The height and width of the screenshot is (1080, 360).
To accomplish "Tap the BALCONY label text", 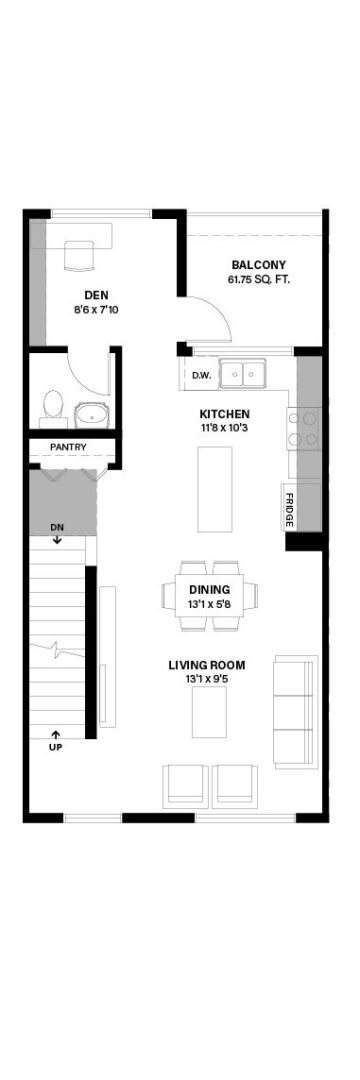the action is point(258,265).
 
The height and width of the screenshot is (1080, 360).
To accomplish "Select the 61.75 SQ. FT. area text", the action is point(258,280).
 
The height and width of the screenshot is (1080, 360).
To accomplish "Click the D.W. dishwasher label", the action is point(200,375).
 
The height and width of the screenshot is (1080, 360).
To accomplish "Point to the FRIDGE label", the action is point(290,510).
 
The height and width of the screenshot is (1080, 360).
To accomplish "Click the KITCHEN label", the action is point(224,414).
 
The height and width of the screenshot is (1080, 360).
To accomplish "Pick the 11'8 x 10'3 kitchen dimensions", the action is point(224,428).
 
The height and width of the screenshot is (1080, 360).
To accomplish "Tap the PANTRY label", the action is point(69,447).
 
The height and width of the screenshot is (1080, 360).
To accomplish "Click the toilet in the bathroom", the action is point(52,408).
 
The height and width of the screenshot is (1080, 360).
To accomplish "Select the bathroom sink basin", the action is point(92,415).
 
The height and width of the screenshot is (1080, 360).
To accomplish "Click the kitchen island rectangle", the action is point(215,489).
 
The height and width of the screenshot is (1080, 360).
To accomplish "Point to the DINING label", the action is point(210,590).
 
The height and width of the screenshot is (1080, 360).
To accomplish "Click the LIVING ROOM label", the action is point(207,665).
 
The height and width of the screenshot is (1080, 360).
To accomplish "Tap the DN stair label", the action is point(57,527).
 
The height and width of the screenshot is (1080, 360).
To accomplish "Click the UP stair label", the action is point(55,747).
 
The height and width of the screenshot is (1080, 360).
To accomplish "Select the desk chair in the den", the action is point(81,255).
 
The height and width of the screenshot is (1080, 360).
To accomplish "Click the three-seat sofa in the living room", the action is point(295,712).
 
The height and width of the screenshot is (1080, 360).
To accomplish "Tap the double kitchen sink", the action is point(243,375).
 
